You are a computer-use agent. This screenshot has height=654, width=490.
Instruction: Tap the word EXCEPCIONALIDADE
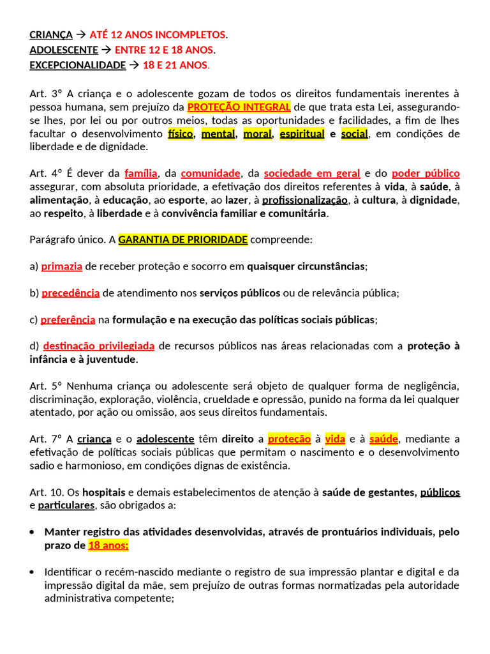pyautogui.click(x=78, y=65)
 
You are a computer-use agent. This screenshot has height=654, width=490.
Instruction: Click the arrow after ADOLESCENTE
pyautogui.click(x=107, y=50)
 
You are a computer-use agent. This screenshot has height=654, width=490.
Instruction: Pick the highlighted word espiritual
pyautogui.click(x=302, y=133)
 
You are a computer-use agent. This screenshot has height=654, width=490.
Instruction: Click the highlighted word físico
pyautogui.click(x=181, y=133)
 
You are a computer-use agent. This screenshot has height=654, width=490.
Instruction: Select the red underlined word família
pyautogui.click(x=141, y=173)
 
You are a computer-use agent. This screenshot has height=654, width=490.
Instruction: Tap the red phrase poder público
pyautogui.click(x=426, y=173)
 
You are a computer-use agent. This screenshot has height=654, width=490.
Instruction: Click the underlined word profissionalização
pyautogui.click(x=305, y=200)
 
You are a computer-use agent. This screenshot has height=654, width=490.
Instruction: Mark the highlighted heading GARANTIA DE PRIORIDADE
pyautogui.click(x=183, y=240)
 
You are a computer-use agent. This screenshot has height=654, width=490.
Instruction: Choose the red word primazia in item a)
pyautogui.click(x=62, y=266)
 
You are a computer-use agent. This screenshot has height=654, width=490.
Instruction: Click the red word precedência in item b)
pyautogui.click(x=71, y=293)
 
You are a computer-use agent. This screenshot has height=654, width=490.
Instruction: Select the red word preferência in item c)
pyautogui.click(x=68, y=319)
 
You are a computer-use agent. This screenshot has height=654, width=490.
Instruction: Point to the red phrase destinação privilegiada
pyautogui.click(x=99, y=346)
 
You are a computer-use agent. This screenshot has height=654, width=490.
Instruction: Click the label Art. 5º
pyautogui.click(x=46, y=386)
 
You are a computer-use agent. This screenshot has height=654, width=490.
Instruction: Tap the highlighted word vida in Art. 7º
pyautogui.click(x=335, y=439)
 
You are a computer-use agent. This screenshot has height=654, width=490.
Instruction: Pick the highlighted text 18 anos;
pyautogui.click(x=108, y=545)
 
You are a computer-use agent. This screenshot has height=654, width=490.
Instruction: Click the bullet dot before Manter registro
pyautogui.click(x=33, y=532)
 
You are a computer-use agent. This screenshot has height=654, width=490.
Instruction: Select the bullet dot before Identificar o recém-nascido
pyautogui.click(x=33, y=572)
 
